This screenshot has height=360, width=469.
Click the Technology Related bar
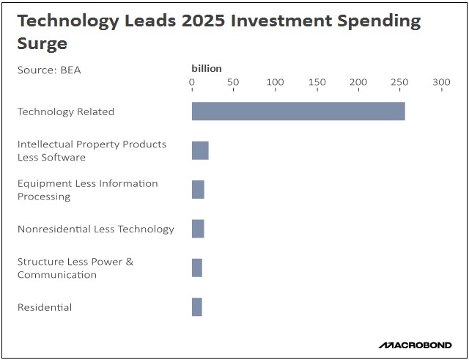(x=298, y=111)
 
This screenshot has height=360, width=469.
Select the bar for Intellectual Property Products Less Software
(x=200, y=150)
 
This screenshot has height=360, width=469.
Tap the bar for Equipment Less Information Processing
(x=198, y=189)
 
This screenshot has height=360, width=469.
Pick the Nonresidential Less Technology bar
(x=198, y=229)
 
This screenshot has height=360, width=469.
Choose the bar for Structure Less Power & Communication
(x=197, y=268)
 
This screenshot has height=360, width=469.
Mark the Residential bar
(x=197, y=307)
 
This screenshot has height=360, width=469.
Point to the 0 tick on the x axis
(x=192, y=82)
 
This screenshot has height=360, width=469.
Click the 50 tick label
(x=233, y=82)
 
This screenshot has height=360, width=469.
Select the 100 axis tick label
(x=275, y=82)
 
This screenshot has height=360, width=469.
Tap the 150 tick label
(x=317, y=82)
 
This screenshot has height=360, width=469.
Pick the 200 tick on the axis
(x=358, y=82)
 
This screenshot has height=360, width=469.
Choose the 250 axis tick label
(x=399, y=82)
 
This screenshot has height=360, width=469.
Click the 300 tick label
(x=441, y=82)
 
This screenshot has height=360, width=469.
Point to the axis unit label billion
(x=206, y=68)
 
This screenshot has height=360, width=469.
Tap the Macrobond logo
(x=416, y=345)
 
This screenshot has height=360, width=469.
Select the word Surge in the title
(x=42, y=43)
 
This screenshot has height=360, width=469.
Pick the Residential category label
(x=45, y=307)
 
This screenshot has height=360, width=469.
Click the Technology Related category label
(x=66, y=111)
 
